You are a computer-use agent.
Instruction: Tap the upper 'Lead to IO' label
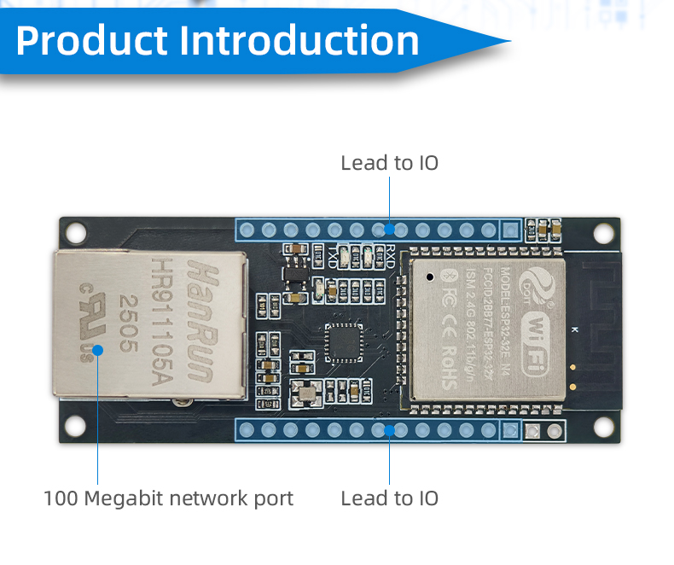[x=389, y=162]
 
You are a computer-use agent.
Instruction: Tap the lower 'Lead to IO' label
[x=389, y=498]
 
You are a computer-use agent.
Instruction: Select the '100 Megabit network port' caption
[x=168, y=498]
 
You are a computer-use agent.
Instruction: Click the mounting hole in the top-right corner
[x=604, y=231]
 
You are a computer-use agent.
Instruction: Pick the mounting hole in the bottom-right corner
[x=604, y=424]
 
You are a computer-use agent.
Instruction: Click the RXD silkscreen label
[x=389, y=253]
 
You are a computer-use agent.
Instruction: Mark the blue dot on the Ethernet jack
[x=98, y=349]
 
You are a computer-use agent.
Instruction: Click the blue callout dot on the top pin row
[x=389, y=229]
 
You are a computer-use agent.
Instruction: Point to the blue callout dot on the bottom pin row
[x=389, y=430]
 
